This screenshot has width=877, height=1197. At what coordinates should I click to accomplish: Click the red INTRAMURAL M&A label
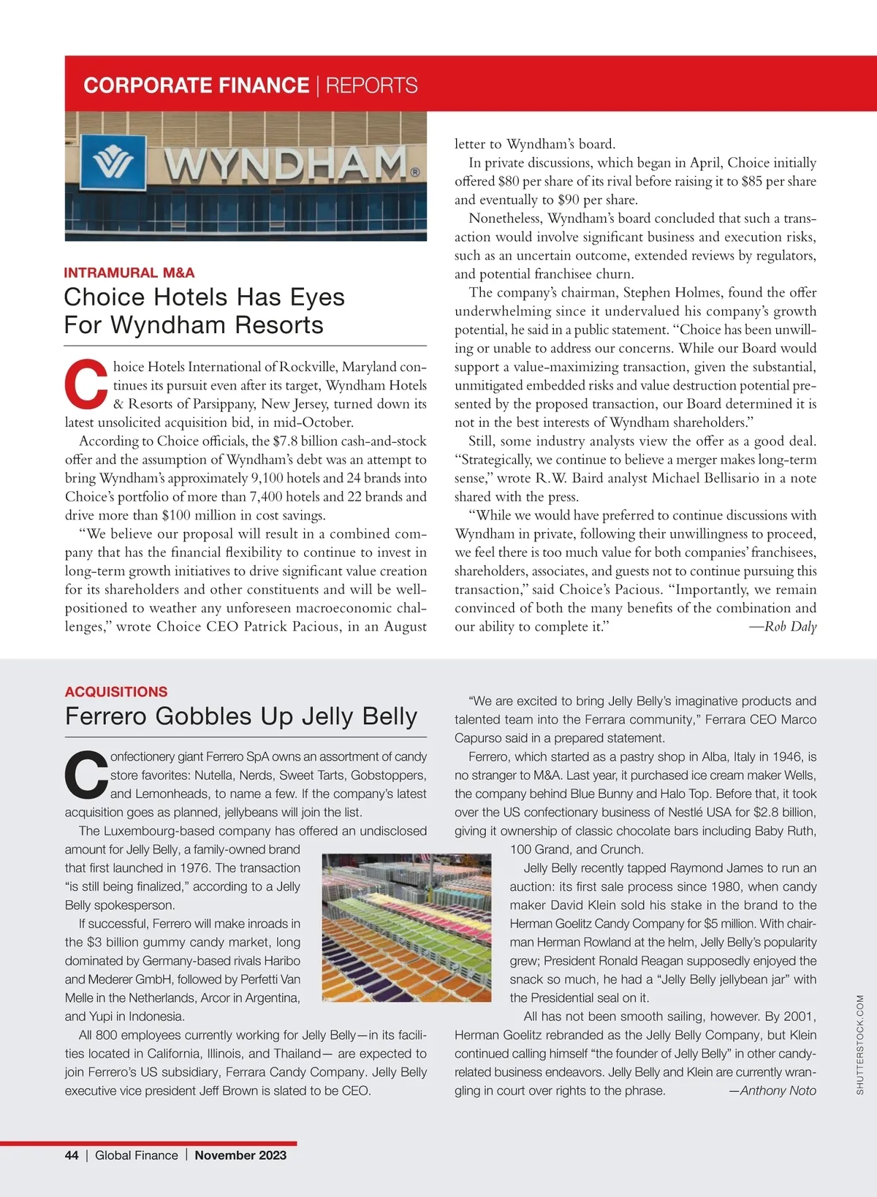[129, 273]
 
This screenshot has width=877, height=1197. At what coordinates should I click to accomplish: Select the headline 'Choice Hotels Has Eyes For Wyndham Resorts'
[204, 311]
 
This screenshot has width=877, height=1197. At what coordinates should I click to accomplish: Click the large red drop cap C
[86, 384]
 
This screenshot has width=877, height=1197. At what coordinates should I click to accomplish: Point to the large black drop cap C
[86, 775]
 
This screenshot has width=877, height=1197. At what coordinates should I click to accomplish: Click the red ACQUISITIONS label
[116, 691]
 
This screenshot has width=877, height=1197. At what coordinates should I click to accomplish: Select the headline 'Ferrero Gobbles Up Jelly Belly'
[241, 716]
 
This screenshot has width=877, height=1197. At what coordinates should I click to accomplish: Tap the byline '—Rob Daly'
[783, 626]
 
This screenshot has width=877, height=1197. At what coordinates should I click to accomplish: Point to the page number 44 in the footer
[72, 1155]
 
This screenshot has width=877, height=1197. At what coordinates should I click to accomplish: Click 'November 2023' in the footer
[240, 1155]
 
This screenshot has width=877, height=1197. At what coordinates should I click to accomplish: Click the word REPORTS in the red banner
[372, 85]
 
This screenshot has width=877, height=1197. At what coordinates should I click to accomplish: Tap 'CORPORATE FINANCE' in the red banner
[196, 85]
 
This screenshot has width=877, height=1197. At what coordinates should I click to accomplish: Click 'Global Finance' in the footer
[137, 1155]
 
